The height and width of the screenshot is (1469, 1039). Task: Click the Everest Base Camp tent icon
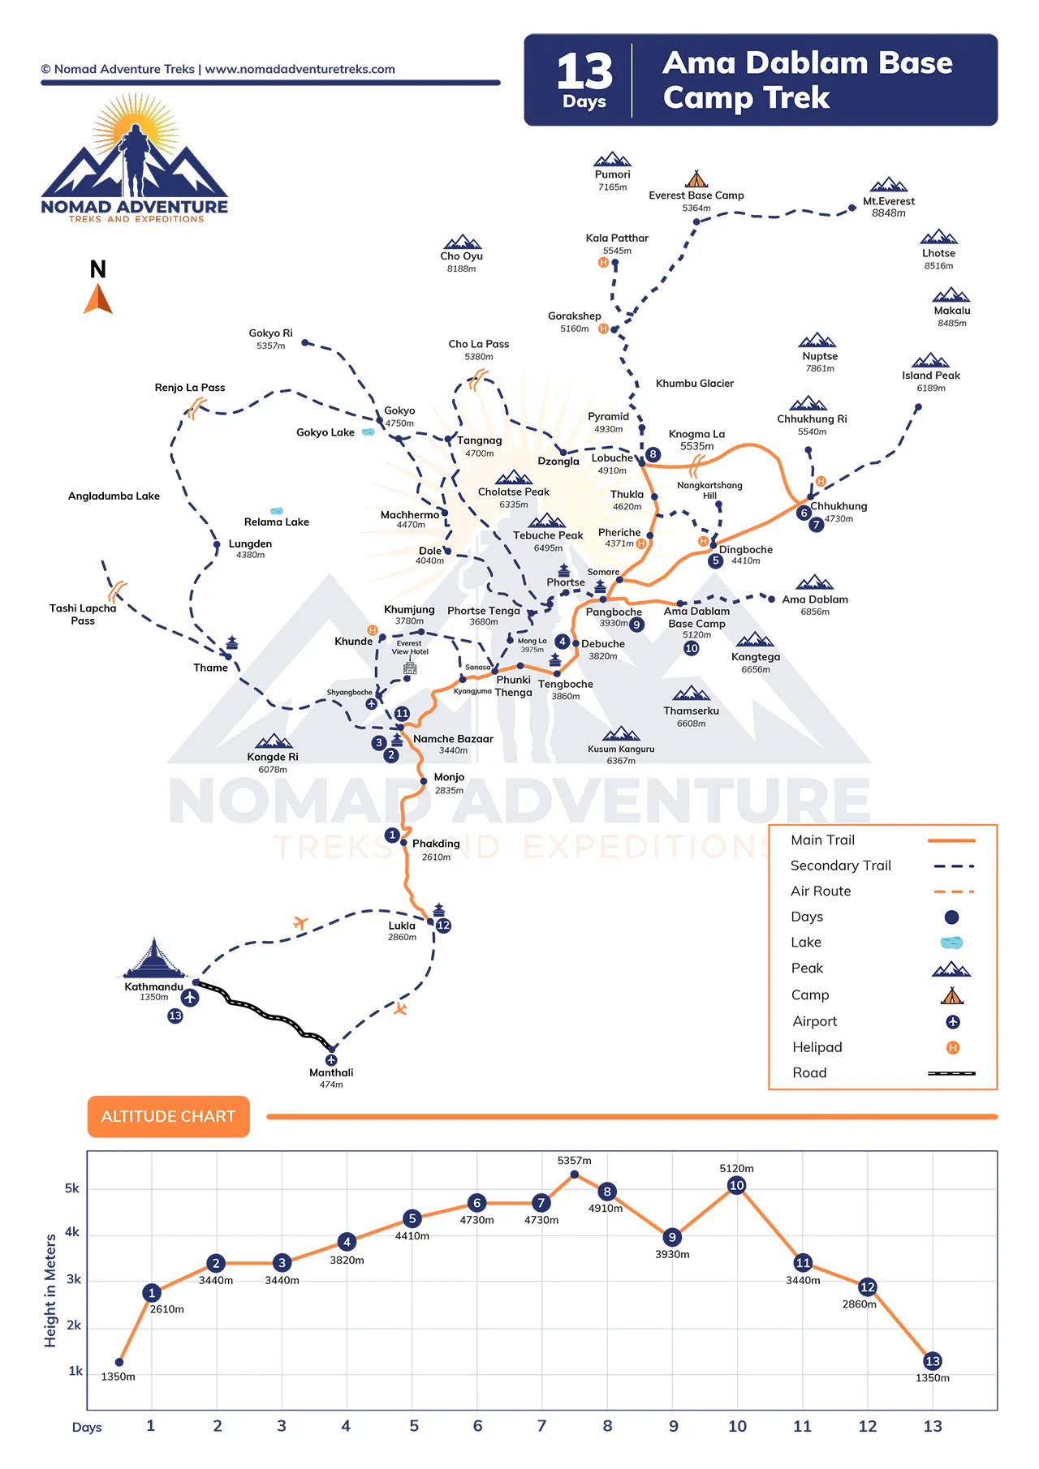click(696, 178)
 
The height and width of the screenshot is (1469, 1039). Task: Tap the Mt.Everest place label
click(889, 201)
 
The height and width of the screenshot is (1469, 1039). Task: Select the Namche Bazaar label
click(453, 739)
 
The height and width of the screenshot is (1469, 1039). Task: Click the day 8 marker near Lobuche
click(653, 454)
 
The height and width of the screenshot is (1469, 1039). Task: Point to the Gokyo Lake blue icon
click(369, 432)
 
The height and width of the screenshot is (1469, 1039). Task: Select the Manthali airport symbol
click(331, 1060)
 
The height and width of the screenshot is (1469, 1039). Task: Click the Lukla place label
click(402, 926)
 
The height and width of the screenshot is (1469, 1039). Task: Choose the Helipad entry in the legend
click(817, 1047)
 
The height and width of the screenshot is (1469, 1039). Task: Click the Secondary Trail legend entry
click(841, 866)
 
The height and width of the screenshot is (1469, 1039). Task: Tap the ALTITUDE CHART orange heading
click(168, 1117)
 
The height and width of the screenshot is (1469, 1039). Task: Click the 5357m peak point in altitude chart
click(575, 1174)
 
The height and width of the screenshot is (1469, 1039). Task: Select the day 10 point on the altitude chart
click(737, 1185)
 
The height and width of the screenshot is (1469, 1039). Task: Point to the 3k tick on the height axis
click(74, 1279)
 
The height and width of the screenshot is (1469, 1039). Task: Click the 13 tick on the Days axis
click(933, 1426)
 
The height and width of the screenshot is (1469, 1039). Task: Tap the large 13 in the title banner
click(584, 71)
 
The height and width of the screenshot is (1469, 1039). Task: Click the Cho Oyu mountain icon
click(462, 242)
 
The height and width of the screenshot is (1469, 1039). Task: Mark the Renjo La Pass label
click(190, 388)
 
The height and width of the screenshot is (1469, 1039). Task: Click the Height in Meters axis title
click(50, 1291)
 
